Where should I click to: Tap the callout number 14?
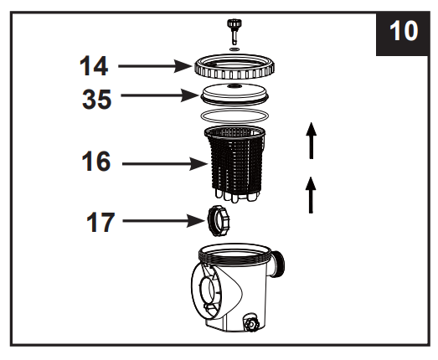coord(95,64)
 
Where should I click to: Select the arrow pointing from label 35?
coord(159,96)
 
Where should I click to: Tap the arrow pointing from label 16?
coord(164,164)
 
